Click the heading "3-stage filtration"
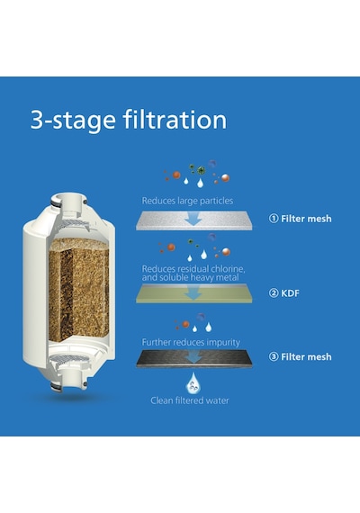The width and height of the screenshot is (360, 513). (x=129, y=120)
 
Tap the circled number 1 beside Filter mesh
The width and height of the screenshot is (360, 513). (x=274, y=218)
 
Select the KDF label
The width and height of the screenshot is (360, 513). (x=290, y=292)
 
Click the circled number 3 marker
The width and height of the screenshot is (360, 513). (x=274, y=356)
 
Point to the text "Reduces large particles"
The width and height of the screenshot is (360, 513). (x=187, y=201)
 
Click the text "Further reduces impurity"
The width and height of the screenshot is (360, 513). (x=191, y=342)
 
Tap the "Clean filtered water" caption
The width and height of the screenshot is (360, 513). (x=190, y=400)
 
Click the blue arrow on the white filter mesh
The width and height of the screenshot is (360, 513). (x=193, y=219)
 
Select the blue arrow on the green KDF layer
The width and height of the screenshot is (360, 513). (x=193, y=292)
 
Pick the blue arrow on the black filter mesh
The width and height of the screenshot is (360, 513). (x=194, y=356)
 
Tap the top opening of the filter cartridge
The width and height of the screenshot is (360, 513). (x=68, y=198)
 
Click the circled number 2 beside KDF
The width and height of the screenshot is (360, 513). (x=274, y=292)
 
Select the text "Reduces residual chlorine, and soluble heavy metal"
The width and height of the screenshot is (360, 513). (x=193, y=274)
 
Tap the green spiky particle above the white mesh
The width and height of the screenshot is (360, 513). (x=201, y=170)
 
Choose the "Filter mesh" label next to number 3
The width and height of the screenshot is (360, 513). (x=306, y=356)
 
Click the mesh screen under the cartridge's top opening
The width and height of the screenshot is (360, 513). (x=75, y=224)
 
